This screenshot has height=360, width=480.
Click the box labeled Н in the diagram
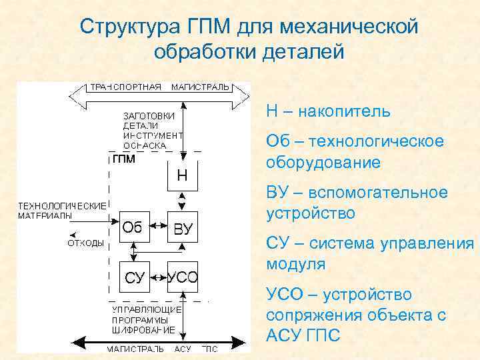[182, 175]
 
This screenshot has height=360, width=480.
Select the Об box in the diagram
[132, 227]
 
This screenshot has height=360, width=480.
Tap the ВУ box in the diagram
[183, 228]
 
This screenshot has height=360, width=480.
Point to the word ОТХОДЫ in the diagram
[86, 243]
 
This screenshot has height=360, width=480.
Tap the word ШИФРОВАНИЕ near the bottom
[144, 329]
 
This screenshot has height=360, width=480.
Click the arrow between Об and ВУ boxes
[157, 228]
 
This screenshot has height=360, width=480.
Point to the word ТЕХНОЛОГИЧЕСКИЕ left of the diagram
[61, 205]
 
